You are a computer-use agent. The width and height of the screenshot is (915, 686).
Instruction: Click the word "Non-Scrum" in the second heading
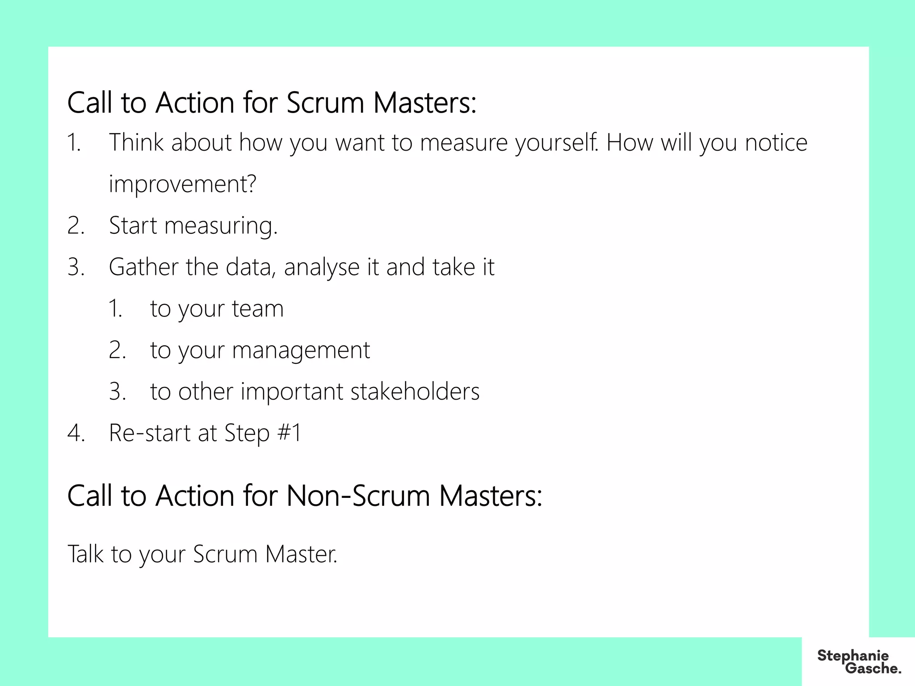click(358, 496)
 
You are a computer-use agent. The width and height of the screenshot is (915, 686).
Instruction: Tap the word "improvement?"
click(182, 184)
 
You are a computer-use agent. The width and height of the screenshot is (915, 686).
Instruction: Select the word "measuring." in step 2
click(221, 226)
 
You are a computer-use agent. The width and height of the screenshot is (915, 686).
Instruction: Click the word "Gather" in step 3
click(143, 267)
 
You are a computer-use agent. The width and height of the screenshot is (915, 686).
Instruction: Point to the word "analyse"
click(322, 267)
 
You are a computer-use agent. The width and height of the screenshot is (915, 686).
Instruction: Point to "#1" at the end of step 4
click(290, 433)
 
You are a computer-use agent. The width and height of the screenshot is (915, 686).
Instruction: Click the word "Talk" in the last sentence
click(85, 554)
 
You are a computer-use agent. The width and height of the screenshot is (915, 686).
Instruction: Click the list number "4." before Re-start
click(76, 433)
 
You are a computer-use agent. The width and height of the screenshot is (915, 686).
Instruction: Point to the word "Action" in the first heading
click(195, 103)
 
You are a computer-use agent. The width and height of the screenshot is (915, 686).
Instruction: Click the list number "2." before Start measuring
click(76, 226)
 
